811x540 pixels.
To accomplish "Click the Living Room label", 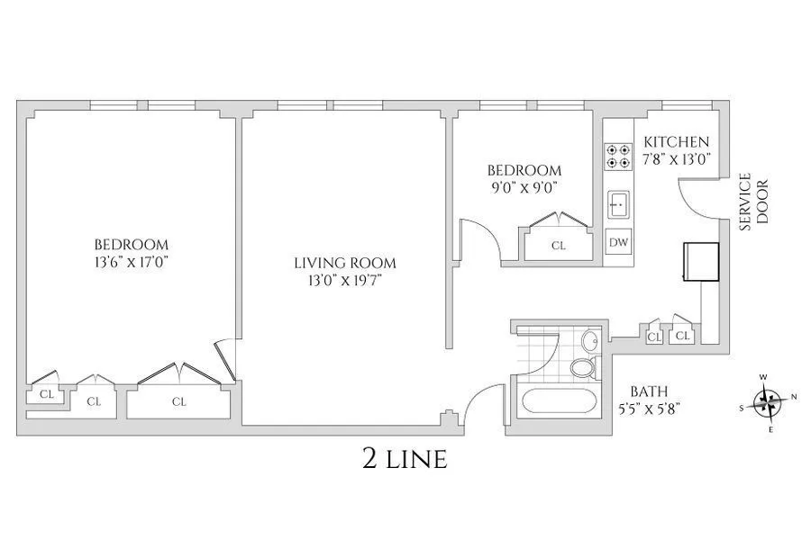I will (x=344, y=263).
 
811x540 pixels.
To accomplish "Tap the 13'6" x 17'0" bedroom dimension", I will (x=132, y=262).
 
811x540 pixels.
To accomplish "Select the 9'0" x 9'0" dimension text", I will (x=524, y=188).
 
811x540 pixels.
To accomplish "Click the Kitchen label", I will (x=676, y=142).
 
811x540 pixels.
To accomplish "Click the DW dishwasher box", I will (x=618, y=242).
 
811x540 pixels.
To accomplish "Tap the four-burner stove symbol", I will (x=617, y=157).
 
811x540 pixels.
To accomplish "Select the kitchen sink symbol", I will (x=617, y=204).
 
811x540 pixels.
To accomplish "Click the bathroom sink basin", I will (x=589, y=341).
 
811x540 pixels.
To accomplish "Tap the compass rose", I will (x=767, y=400).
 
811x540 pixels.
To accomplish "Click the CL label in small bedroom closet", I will (x=558, y=246).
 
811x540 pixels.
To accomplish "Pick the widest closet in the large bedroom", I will (x=178, y=401).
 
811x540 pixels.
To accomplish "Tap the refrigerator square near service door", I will (x=700, y=261).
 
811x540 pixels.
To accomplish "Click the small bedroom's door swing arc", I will (x=482, y=238).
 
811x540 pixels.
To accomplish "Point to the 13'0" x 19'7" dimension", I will (x=344, y=280).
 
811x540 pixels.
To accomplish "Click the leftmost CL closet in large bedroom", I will (x=46, y=393).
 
